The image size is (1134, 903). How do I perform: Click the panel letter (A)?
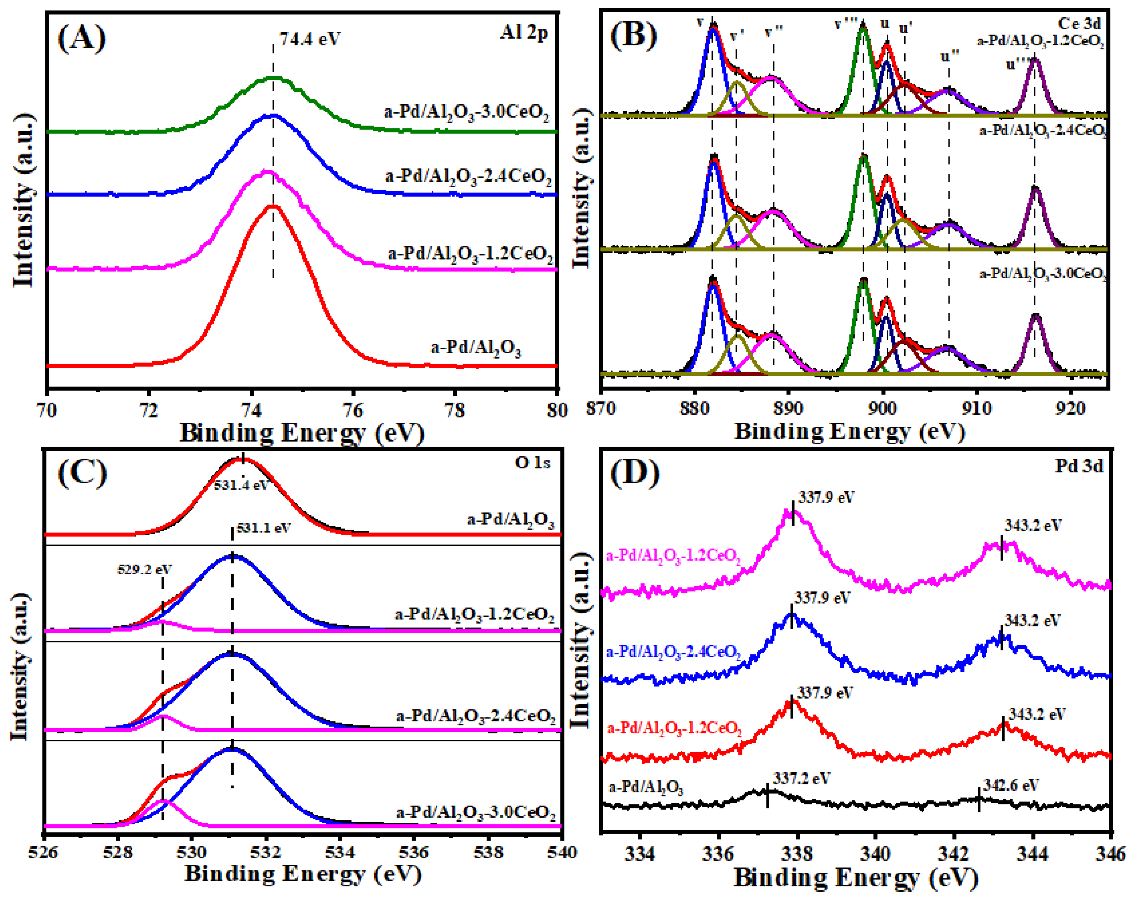82,38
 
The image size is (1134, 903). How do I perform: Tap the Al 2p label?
523,33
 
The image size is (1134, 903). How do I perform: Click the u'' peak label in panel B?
950,55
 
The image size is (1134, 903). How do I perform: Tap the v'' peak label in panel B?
774,32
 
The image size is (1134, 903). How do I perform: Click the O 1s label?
532,462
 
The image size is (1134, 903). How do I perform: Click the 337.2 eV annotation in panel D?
802,778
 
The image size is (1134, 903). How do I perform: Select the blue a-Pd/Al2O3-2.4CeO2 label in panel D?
673,653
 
